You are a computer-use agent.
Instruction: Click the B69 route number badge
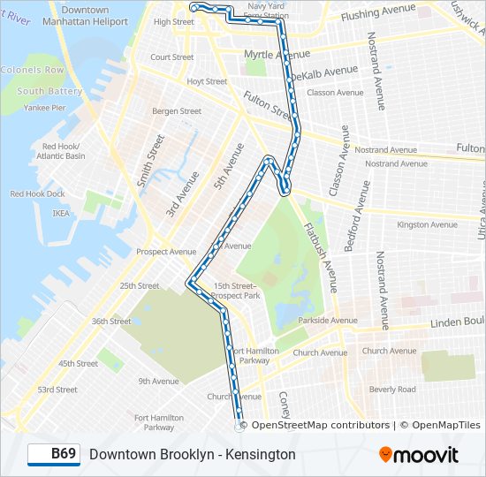coord(53,454)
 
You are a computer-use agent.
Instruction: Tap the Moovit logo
coord(419,455)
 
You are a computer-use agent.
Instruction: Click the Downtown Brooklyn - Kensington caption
coord(192,454)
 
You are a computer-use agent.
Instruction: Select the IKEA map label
coord(60,213)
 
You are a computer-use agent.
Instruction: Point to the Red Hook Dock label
coord(37,193)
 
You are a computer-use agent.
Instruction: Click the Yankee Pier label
coord(44,108)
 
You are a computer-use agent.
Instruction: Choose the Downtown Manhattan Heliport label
coord(86,15)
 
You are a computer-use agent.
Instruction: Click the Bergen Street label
coord(177,111)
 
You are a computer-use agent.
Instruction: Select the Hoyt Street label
coord(207,81)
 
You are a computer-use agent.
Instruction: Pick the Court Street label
coord(171,57)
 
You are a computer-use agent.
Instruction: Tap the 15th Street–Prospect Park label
coord(237,291)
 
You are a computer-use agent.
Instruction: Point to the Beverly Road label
coord(392,389)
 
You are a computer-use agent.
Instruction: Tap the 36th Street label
coord(110,322)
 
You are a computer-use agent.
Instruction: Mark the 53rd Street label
coord(57,390)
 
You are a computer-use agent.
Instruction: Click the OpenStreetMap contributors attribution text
coord(320,425)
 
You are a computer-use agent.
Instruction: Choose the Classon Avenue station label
coord(335,92)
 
